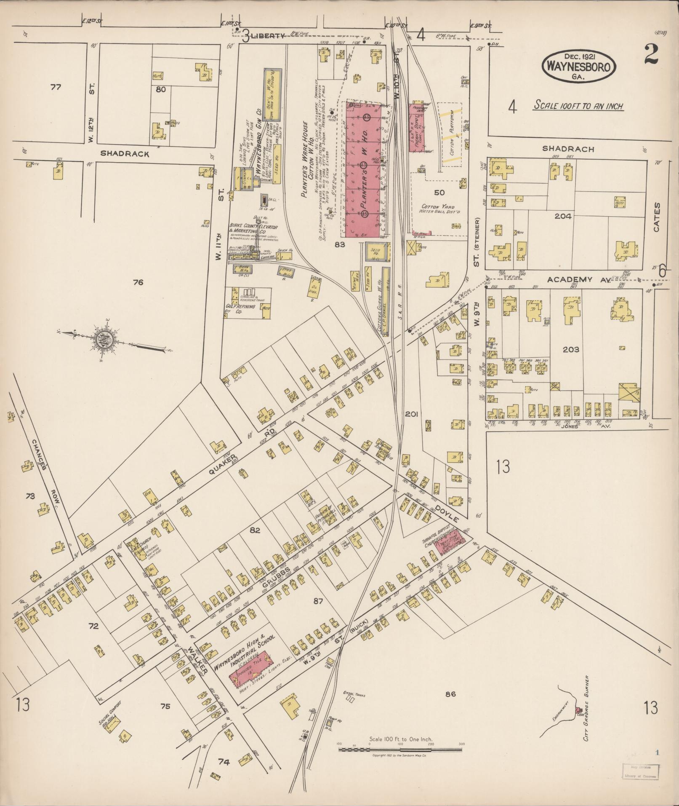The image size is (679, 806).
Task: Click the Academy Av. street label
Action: point(570,279)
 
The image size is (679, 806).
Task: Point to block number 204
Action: point(563,216)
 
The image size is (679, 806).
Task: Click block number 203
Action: point(571,349)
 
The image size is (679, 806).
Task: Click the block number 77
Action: point(56,87)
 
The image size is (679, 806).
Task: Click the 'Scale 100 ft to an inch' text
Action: point(578,106)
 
